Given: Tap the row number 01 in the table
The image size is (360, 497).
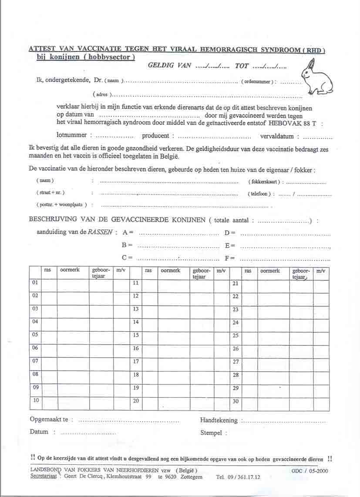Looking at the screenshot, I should tap(35, 283).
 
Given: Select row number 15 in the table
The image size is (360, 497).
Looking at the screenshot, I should tap(136, 335).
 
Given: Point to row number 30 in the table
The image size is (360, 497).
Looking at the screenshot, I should tap(236, 401).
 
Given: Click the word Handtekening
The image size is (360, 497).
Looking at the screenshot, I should tap(219, 420).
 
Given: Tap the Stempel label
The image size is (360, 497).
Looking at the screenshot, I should tap(212, 433).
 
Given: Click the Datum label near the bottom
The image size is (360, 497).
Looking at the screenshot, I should tap(39, 432).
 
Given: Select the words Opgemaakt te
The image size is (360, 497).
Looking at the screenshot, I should tap(49, 420).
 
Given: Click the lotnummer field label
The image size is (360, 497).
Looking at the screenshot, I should tap(72, 135).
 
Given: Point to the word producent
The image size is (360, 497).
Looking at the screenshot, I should tap(155, 136).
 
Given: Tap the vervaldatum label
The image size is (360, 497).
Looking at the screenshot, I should tap(277, 136).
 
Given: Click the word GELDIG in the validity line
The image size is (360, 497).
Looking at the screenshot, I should tap(161, 66).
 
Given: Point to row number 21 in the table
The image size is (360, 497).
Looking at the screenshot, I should tap(236, 283).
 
